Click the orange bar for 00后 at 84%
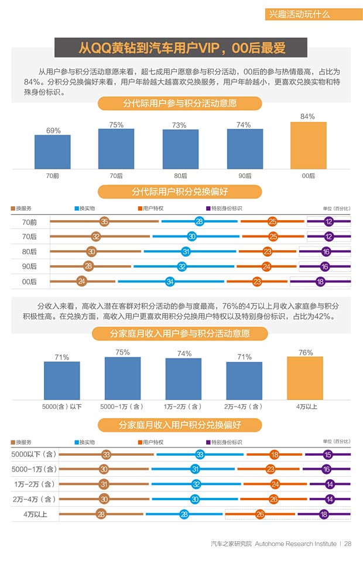coord(308,145)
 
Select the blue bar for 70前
coord(52,152)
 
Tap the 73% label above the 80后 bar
coord(179,125)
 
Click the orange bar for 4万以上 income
coord(305,378)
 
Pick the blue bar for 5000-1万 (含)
coord(122,378)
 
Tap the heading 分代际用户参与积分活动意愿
coord(180,104)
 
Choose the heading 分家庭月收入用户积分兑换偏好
coord(180,425)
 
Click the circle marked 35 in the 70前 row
coord(104,221)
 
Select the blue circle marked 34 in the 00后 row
coord(170,282)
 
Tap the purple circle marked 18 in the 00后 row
coord(320,282)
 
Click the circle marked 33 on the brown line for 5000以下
coord(106,455)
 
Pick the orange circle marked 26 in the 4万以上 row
coord(260,514)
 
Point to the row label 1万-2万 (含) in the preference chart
coord(34,484)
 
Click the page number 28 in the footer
coord(348,544)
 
